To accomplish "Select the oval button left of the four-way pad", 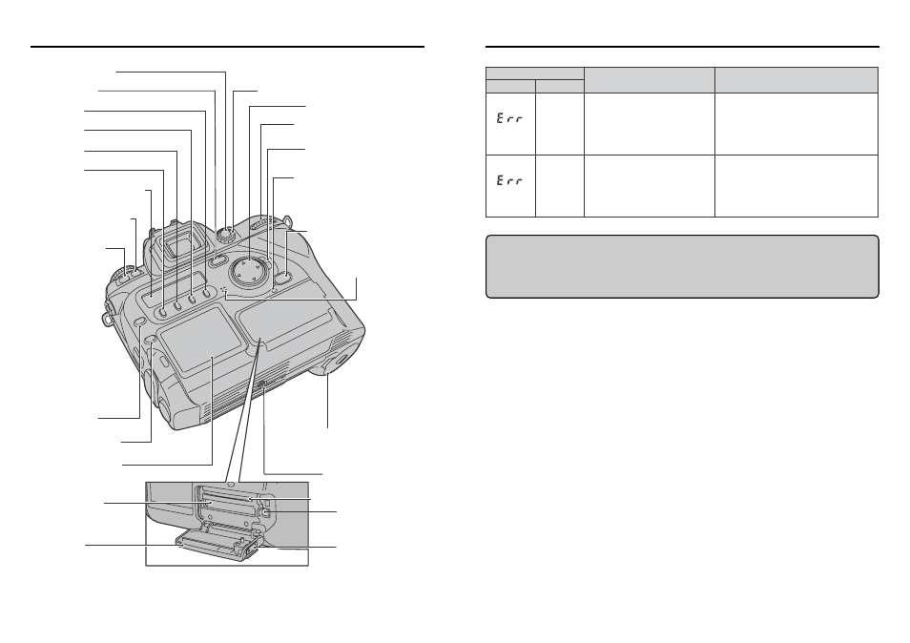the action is [218, 261].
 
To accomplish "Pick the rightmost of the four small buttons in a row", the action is [206, 294].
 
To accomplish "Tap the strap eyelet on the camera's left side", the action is [105, 312].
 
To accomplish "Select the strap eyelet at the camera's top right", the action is [287, 219].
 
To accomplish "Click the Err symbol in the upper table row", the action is [509, 119].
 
